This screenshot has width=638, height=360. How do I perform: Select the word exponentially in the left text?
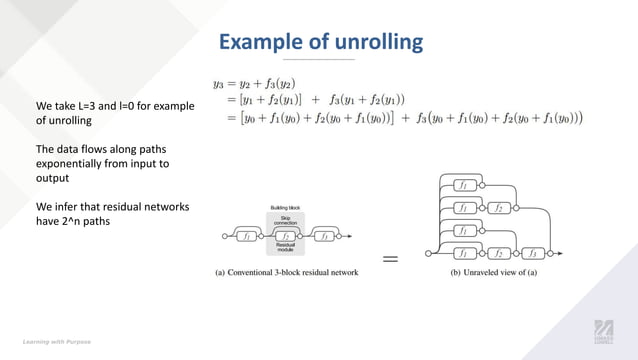[x=76, y=163]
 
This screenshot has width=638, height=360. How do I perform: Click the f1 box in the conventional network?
[x=246, y=237]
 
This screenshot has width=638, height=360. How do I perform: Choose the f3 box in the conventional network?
[x=326, y=237]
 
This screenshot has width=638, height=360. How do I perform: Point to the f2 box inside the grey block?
[x=286, y=237]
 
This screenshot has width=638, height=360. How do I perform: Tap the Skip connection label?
[x=286, y=220]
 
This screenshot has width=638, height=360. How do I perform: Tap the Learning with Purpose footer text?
[x=59, y=341]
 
